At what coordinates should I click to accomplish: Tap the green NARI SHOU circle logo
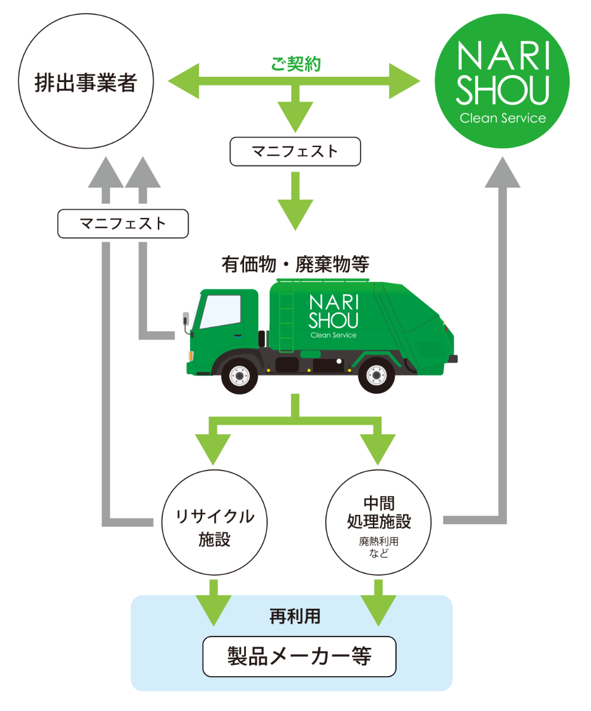click(x=502, y=81)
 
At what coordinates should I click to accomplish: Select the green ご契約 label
click(x=295, y=64)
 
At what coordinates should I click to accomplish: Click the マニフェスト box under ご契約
click(x=295, y=151)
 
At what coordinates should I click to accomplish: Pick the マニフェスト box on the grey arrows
click(x=123, y=224)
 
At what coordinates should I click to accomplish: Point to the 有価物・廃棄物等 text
click(x=295, y=264)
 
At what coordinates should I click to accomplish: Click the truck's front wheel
click(x=239, y=374)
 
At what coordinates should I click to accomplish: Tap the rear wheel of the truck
click(x=376, y=374)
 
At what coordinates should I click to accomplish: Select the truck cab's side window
click(x=220, y=311)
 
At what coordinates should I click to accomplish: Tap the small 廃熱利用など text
click(x=378, y=547)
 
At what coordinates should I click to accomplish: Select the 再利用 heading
click(x=295, y=617)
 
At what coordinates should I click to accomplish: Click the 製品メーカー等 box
click(x=299, y=656)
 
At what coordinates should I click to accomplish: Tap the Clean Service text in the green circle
click(x=502, y=118)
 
